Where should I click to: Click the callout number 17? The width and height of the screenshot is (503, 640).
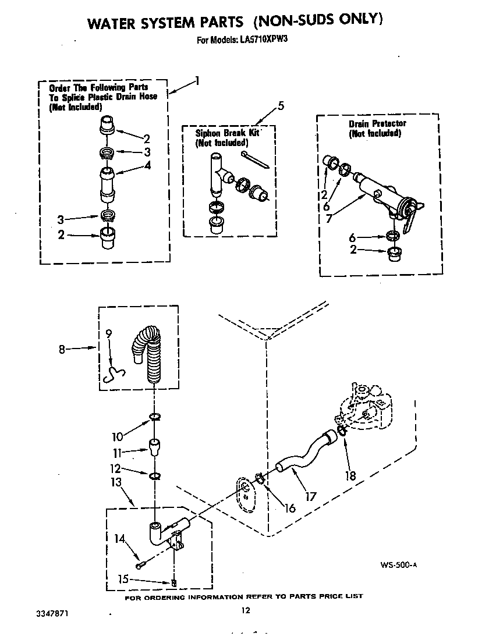pos(310,496)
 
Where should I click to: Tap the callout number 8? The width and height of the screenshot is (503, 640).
pos(62,349)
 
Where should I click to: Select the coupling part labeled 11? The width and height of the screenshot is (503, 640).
pos(155,448)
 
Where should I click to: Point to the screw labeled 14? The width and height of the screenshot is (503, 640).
pos(139,565)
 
